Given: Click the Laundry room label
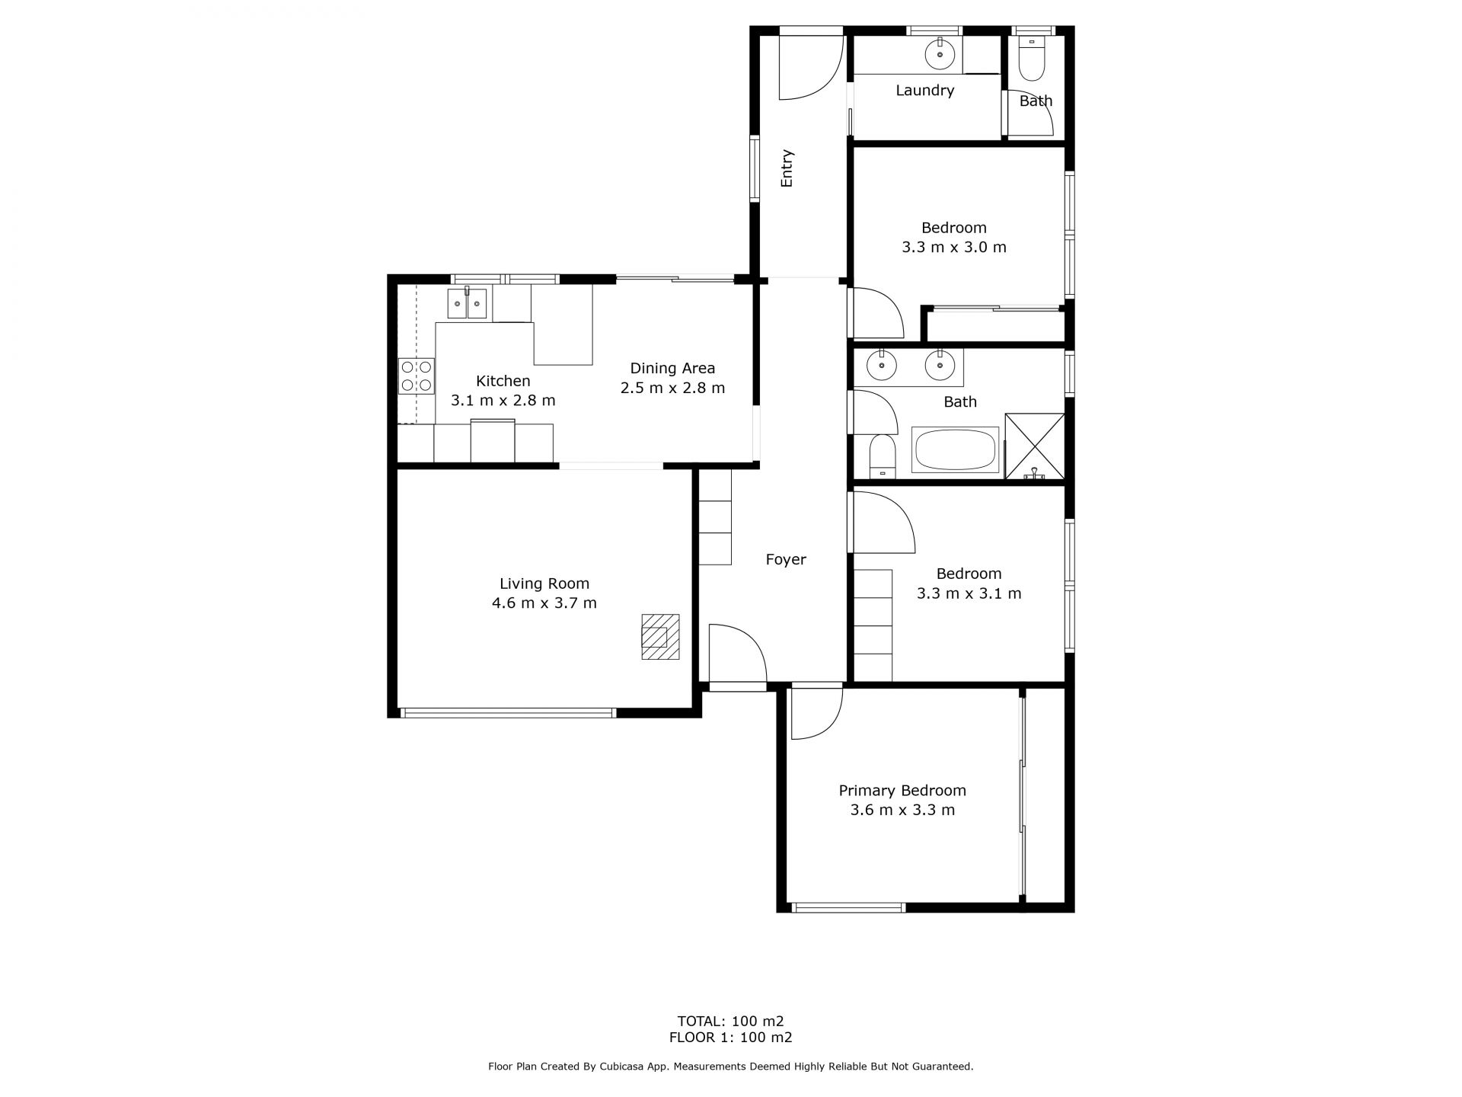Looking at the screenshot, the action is click(x=924, y=91).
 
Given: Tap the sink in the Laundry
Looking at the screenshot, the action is click(x=940, y=54).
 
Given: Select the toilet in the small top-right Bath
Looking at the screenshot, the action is click(x=1033, y=58).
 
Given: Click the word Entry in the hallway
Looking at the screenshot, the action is click(x=787, y=168).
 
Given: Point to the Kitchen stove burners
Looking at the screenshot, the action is click(x=417, y=376).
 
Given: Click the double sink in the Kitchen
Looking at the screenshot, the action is click(x=467, y=303).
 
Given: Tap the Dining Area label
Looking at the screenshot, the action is click(x=672, y=369).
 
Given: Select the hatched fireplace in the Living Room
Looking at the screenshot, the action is click(x=660, y=636).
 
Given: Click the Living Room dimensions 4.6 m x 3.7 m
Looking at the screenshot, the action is click(x=544, y=603).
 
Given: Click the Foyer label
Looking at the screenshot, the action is click(x=786, y=560).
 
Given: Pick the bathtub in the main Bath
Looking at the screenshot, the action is click(x=956, y=449).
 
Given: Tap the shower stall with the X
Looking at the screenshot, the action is click(x=1035, y=446).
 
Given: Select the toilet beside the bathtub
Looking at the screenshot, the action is click(x=883, y=456).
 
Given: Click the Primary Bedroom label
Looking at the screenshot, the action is click(x=902, y=791).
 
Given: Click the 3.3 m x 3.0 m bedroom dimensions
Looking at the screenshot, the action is click(x=954, y=248).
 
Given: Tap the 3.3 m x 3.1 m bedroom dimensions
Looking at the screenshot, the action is click(x=969, y=593).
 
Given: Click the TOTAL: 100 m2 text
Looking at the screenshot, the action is click(x=731, y=1021).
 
